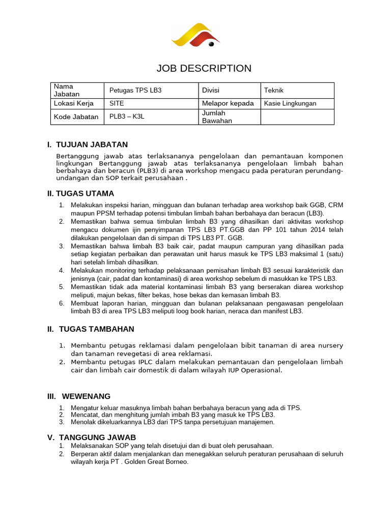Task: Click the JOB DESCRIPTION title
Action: coord(204,68)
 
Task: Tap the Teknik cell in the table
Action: coord(273,90)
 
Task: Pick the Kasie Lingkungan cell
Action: coord(290,103)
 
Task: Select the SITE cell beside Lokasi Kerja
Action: coord(117,103)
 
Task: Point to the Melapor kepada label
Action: coord(228,103)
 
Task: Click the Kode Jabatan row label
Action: coord(76,117)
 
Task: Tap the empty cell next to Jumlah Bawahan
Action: coord(297,117)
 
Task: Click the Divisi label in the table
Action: coord(211,90)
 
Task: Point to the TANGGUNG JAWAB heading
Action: coord(97,438)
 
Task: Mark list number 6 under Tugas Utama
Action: coord(61,303)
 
